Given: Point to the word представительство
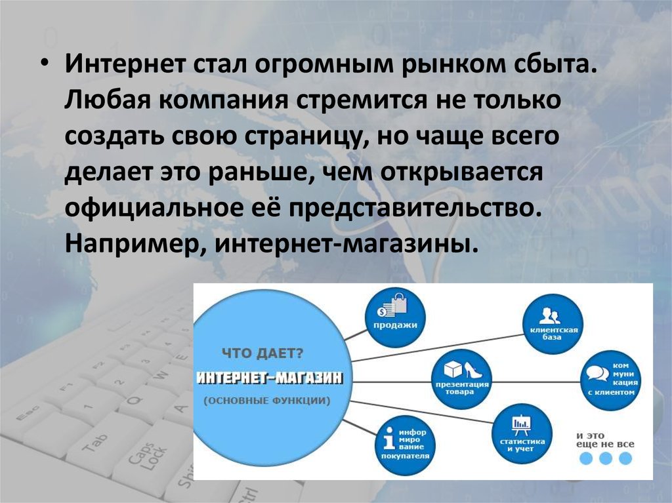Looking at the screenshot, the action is [412, 209].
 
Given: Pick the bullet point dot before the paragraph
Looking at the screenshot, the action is [45, 64].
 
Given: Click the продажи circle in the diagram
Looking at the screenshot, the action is [395, 317].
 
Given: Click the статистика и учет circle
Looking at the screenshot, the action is [522, 433].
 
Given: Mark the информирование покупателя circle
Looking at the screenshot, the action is [405, 444].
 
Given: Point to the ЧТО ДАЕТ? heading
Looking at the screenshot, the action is [262, 354].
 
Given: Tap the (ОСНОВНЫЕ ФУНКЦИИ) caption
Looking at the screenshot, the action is [266, 401].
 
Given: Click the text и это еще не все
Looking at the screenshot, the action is [605, 440].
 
